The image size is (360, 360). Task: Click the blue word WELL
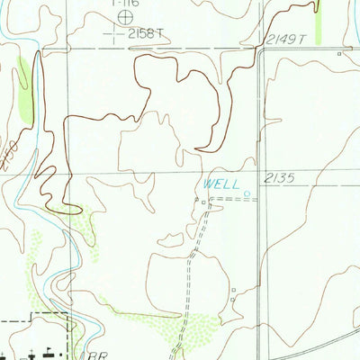221,184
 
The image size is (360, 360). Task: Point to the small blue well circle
247,191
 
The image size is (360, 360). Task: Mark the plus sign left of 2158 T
113,34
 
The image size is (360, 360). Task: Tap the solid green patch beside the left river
26,90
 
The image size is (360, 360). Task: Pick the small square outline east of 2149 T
339,55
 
